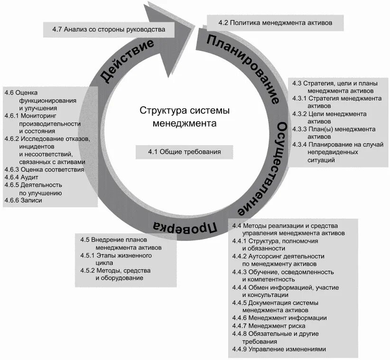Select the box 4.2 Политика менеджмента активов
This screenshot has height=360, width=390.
pyautogui.click(x=275, y=22)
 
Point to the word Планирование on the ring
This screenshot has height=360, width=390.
pyautogui.click(x=243, y=68)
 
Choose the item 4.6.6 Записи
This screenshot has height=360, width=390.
pyautogui.click(x=23, y=200)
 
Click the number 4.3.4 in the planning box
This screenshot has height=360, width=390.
pyautogui.click(x=299, y=144)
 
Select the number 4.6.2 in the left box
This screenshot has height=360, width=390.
pyautogui.click(x=12, y=139)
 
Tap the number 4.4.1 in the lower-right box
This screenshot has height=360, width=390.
pyautogui.click(x=240, y=241)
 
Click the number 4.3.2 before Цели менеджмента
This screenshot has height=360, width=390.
pyautogui.click(x=299, y=114)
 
